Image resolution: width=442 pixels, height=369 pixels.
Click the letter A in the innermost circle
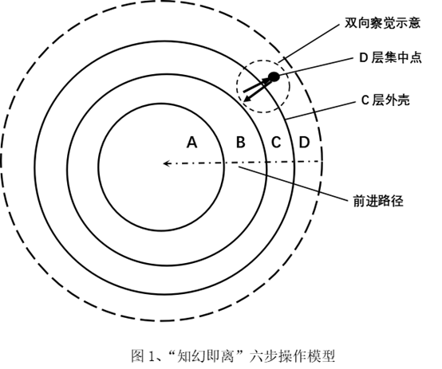tap(192, 142)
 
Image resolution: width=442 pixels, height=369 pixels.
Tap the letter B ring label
tap(240, 142)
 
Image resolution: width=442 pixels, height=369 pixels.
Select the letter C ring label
tap(276, 142)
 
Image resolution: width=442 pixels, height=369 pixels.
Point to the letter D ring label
tap(304, 142)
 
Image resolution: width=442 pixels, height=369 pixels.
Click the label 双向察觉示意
tap(382, 23)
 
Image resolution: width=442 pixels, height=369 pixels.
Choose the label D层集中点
tap(390, 57)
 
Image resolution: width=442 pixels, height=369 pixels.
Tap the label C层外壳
tap(385, 100)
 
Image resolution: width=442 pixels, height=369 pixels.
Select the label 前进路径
tap(378, 201)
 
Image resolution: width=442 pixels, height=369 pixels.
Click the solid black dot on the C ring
tap(274, 77)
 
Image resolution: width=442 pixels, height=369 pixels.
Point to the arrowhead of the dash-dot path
tap(166, 163)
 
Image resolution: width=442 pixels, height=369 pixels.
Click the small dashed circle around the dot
tap(236, 87)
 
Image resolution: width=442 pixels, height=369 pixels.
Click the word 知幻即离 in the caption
tap(206, 356)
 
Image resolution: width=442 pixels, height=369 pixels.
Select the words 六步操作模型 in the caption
tap(292, 356)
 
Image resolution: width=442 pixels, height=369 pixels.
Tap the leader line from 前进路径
tap(294, 184)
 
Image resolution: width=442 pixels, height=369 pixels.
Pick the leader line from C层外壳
tap(321, 111)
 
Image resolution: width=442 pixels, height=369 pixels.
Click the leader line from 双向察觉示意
tap(309, 44)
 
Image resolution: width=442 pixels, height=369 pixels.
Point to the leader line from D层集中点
tap(316, 67)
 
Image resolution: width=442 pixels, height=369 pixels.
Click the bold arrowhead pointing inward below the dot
tap(247, 99)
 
